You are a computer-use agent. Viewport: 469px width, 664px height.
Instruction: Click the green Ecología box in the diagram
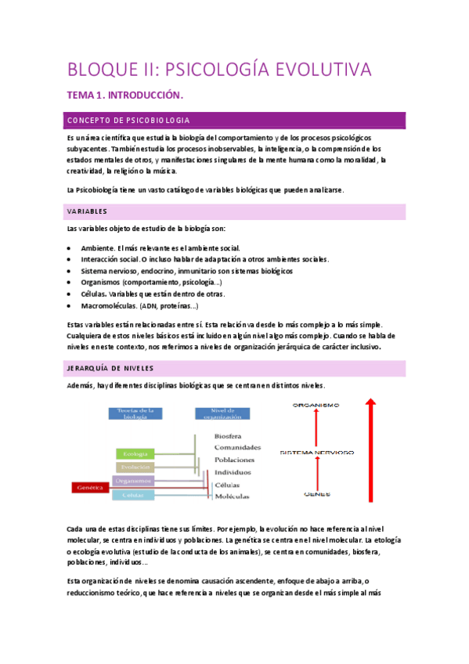tap(131, 453)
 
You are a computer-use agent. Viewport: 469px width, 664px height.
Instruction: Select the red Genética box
tap(89, 487)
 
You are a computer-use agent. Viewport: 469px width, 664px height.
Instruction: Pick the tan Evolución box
tap(131, 467)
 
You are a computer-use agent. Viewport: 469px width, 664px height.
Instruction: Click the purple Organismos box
tap(132, 481)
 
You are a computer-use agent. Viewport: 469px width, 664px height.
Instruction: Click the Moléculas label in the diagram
tap(232, 496)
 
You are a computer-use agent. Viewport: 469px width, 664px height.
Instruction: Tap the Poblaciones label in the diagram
tap(233, 460)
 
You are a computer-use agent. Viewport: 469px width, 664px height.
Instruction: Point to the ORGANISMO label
tap(316, 405)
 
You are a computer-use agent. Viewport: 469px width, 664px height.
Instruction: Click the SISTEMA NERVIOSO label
tap(316, 453)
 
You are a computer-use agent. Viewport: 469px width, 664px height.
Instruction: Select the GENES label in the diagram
tap(316, 495)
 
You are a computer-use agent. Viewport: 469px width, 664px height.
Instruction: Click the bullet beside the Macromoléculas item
tap(71, 306)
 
